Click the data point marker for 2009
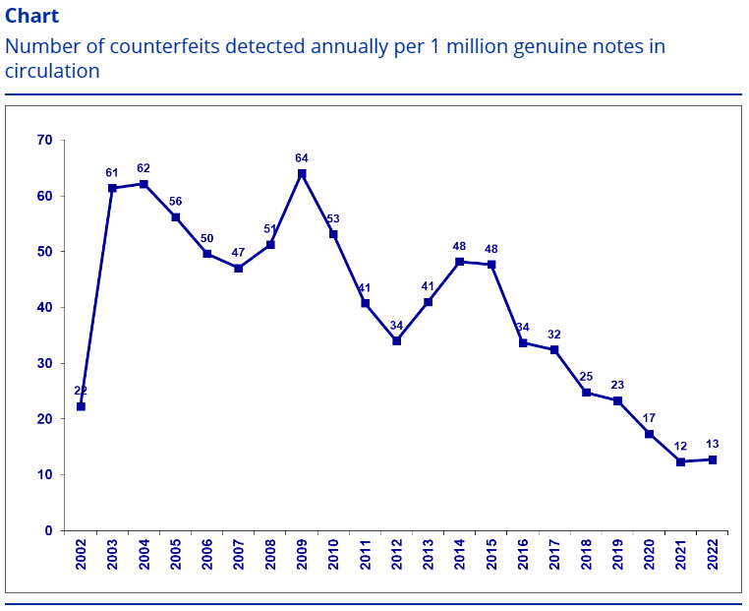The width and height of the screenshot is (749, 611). (x=302, y=174)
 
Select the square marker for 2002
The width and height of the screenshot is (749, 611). (x=81, y=406)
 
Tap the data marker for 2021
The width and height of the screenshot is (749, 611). (x=680, y=461)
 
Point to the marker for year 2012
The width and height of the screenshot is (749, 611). (x=396, y=340)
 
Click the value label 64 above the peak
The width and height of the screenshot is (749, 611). (x=302, y=157)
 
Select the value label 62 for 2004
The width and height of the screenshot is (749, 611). (x=144, y=167)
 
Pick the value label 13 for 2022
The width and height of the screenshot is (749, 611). (x=712, y=443)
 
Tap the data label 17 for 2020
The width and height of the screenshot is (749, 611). (x=649, y=417)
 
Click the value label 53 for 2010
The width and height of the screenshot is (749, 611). (x=333, y=218)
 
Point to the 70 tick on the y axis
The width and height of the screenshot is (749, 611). (x=44, y=140)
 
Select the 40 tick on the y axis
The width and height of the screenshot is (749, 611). (x=44, y=307)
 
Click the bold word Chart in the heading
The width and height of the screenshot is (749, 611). (x=31, y=16)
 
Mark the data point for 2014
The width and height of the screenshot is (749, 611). (x=459, y=262)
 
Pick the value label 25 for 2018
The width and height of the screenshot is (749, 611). (x=586, y=376)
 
